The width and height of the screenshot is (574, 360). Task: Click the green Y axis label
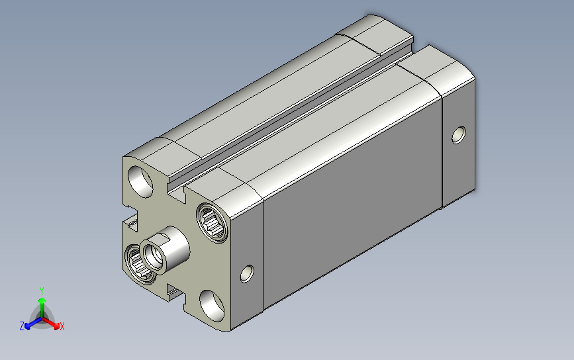coord(42,291)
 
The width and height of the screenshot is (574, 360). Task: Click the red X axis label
coord(62,326)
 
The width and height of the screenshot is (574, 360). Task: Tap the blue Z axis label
coord(22,326)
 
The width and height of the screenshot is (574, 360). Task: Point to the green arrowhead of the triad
coord(42,301)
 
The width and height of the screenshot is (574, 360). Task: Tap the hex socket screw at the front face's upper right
coord(212,223)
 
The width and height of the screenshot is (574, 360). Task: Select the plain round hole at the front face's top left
coord(140,181)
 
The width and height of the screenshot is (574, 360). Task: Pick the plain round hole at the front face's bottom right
coord(212,306)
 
